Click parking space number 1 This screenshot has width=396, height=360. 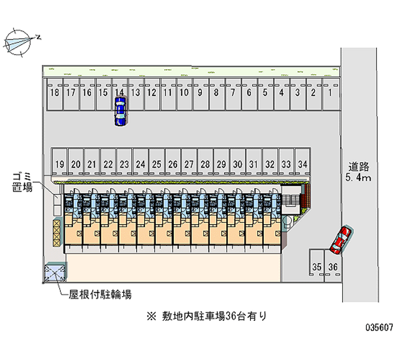(330, 92)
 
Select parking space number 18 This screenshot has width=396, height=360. (55, 93)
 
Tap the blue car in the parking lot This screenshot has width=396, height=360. (120, 111)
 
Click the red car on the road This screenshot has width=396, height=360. (341, 238)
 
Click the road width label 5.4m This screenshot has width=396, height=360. (359, 178)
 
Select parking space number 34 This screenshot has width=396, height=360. (302, 164)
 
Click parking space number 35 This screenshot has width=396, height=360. (317, 267)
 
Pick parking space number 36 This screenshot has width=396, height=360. (333, 267)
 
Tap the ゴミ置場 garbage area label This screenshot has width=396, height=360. (23, 182)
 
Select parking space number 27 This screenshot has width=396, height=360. (189, 164)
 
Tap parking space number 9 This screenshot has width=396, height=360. (200, 92)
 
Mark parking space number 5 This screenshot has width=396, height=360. (265, 92)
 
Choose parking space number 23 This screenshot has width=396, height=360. (124, 164)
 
